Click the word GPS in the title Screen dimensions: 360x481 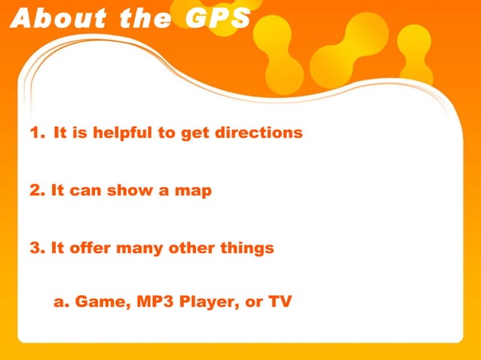coord(218,18)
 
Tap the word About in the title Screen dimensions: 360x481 coord(53,18)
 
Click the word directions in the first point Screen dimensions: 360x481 coord(259,133)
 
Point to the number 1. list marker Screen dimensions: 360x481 coord(37,133)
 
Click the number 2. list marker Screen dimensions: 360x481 coord(37,191)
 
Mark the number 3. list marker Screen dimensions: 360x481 coord(37,248)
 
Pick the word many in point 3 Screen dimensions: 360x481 coord(144,248)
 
